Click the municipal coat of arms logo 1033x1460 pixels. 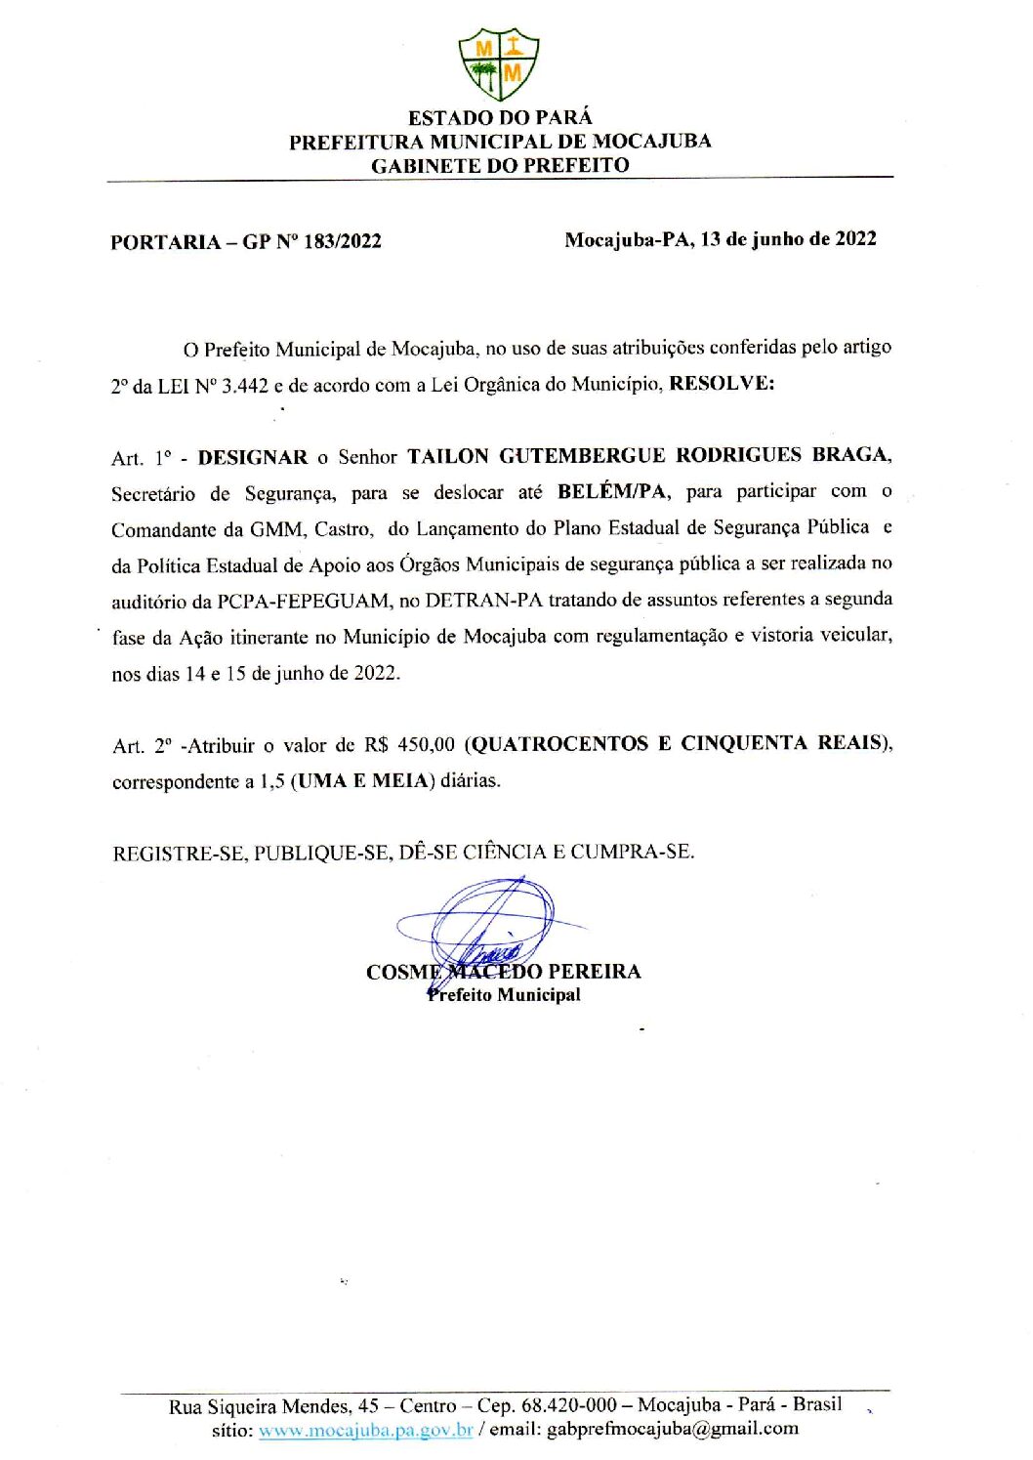498,63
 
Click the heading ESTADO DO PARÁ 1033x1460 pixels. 500,118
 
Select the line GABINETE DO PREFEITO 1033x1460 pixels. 500,165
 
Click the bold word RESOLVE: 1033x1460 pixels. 722,383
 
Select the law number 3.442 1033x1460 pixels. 244,386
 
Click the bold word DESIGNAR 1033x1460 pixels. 253,457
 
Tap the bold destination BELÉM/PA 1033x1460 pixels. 613,491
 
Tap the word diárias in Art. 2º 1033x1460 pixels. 470,780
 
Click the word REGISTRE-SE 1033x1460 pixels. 179,854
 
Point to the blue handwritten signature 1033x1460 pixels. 488,923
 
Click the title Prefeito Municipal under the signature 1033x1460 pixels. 504,995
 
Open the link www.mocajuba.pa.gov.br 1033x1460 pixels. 365,1430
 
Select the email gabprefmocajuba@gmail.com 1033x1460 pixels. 672,1429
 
